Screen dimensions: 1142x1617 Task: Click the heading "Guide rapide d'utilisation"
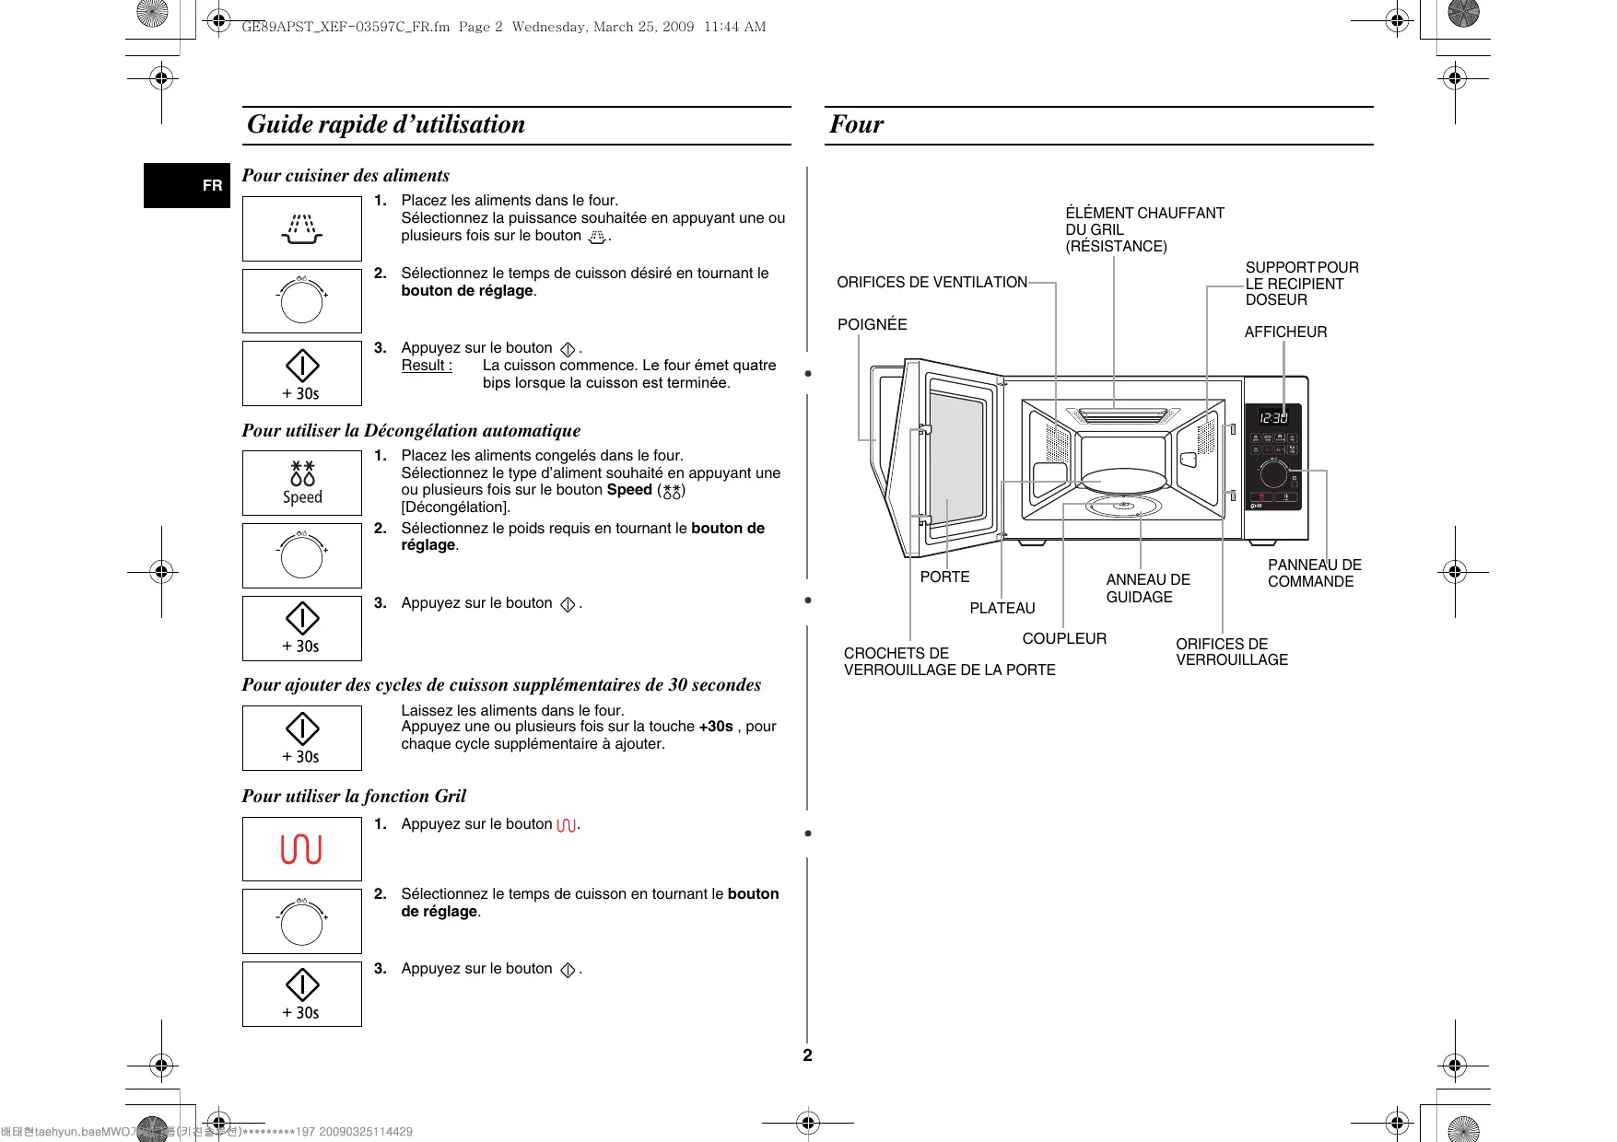tap(386, 124)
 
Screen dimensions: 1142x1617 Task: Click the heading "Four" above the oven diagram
tap(856, 124)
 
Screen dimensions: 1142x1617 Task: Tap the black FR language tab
tap(187, 185)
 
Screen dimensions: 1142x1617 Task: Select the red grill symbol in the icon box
tap(301, 848)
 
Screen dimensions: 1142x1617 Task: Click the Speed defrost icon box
tap(302, 483)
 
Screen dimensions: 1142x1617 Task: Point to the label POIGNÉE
tap(872, 324)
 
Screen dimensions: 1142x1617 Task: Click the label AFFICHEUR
tap(1285, 332)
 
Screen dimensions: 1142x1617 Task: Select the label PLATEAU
tap(1002, 608)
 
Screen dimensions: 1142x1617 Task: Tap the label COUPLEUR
tap(1064, 638)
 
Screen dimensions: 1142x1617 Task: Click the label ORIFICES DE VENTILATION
tap(932, 282)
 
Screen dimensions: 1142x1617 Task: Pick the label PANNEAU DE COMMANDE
tap(1314, 573)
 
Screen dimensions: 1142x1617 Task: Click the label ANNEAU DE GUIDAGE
tap(1147, 588)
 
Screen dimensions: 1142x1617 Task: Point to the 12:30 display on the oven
tap(1273, 418)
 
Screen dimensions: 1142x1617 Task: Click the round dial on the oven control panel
tap(1273, 474)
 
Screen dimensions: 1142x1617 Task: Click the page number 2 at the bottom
tap(807, 1055)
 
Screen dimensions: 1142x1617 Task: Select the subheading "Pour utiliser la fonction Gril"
tap(354, 796)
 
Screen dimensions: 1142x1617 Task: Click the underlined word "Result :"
tap(427, 365)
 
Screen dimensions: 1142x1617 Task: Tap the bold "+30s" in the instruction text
tap(716, 726)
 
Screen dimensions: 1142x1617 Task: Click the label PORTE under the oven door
tap(944, 577)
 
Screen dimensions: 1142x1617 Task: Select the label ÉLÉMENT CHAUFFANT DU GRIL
tap(1144, 229)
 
